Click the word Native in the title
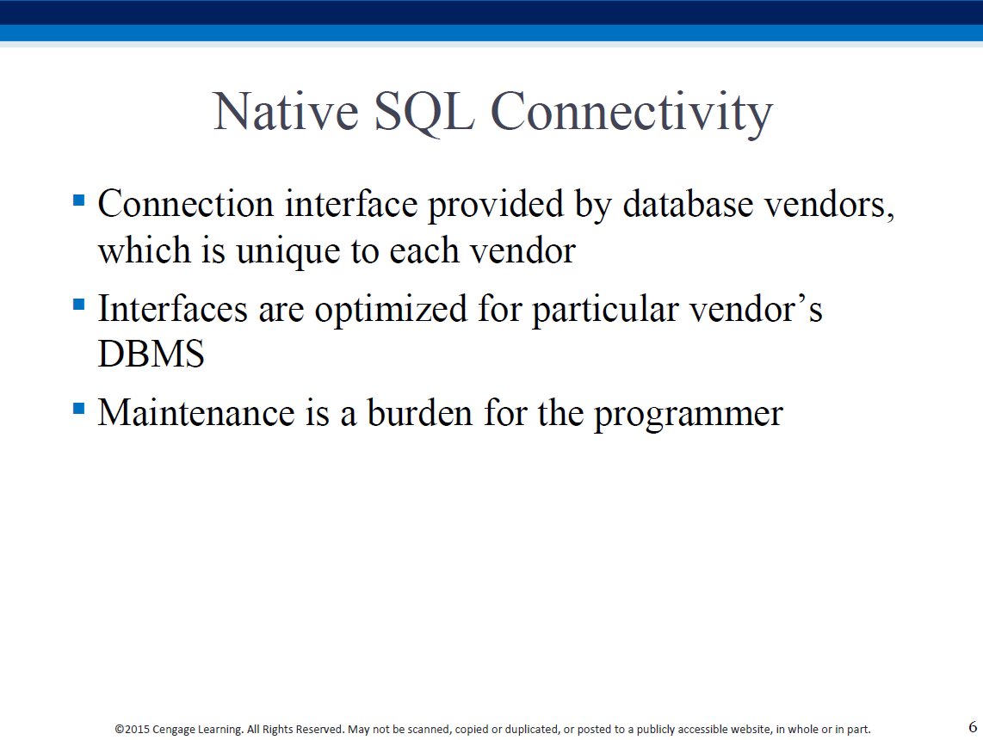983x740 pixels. pyautogui.click(x=286, y=112)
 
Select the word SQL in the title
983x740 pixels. pyautogui.click(x=423, y=113)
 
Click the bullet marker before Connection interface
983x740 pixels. pyautogui.click(x=79, y=200)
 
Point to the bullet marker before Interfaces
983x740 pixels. pyautogui.click(x=79, y=305)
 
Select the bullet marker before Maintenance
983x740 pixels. pyautogui.click(x=79, y=409)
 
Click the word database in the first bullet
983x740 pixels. pyautogui.click(x=688, y=204)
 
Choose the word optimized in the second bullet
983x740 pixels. pyautogui.click(x=391, y=310)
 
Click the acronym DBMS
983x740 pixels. pyautogui.click(x=151, y=354)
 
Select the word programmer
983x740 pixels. pyautogui.click(x=689, y=415)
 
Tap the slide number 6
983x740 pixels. pyautogui.click(x=973, y=727)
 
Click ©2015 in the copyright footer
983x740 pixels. pyautogui.click(x=133, y=730)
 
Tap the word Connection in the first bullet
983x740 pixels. pyautogui.click(x=186, y=204)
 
